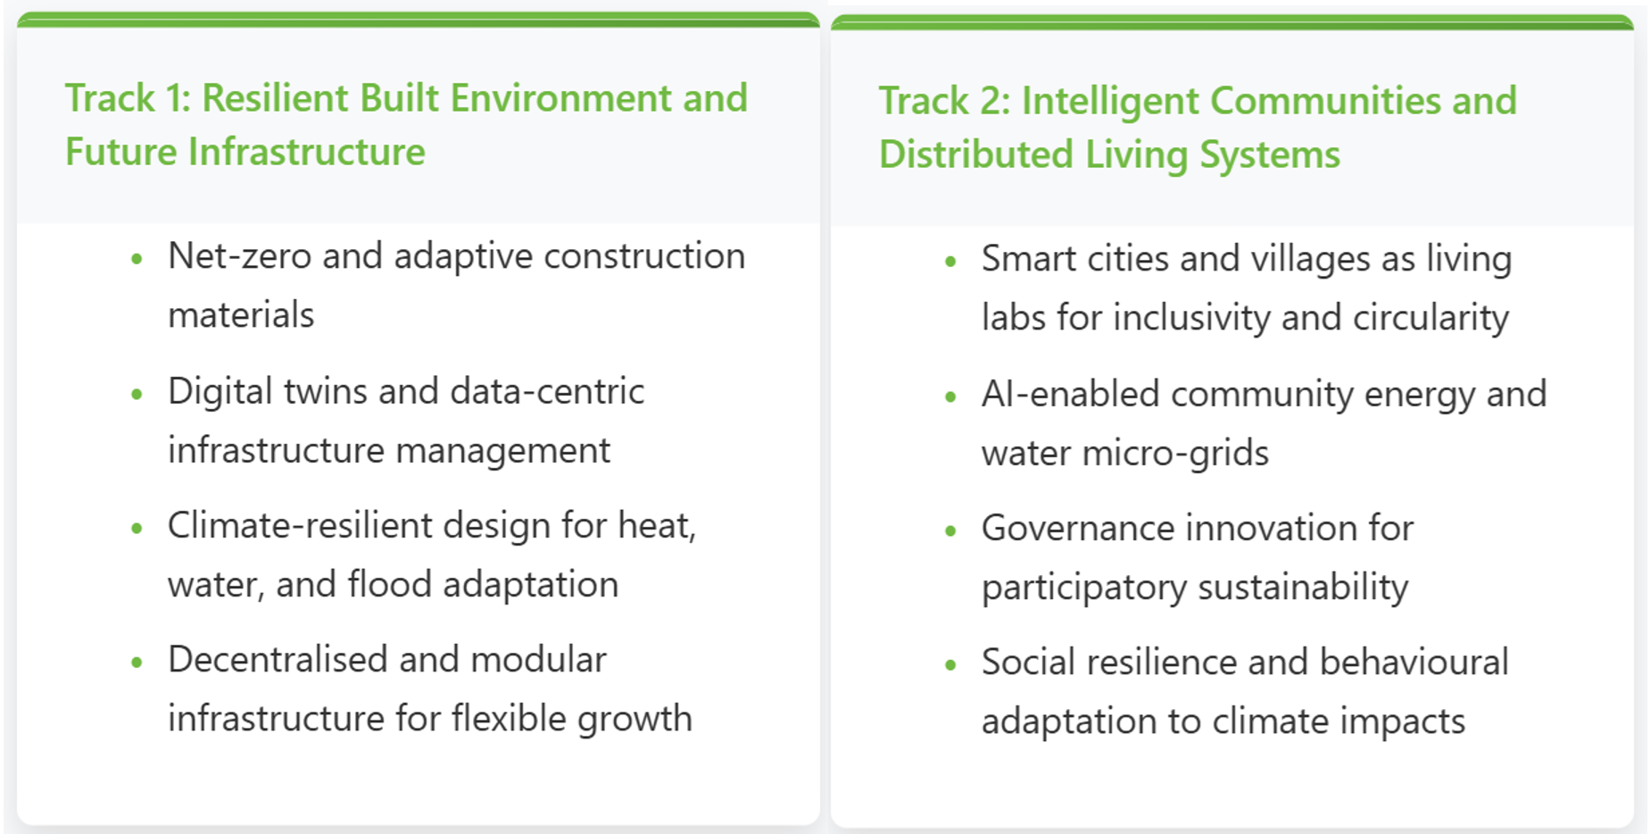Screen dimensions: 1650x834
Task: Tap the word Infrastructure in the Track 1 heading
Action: click(x=307, y=152)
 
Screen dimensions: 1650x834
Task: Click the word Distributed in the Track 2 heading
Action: click(x=976, y=154)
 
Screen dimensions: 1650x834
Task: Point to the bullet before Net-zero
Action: click(x=137, y=260)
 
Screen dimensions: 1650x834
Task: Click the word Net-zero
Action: click(x=239, y=256)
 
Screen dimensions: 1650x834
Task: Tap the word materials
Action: click(x=241, y=315)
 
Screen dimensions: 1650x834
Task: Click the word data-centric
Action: click(x=547, y=391)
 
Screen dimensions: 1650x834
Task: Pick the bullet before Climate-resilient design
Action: click(x=137, y=529)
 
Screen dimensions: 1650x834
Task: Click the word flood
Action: click(x=390, y=584)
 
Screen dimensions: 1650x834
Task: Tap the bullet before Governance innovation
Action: click(x=950, y=530)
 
